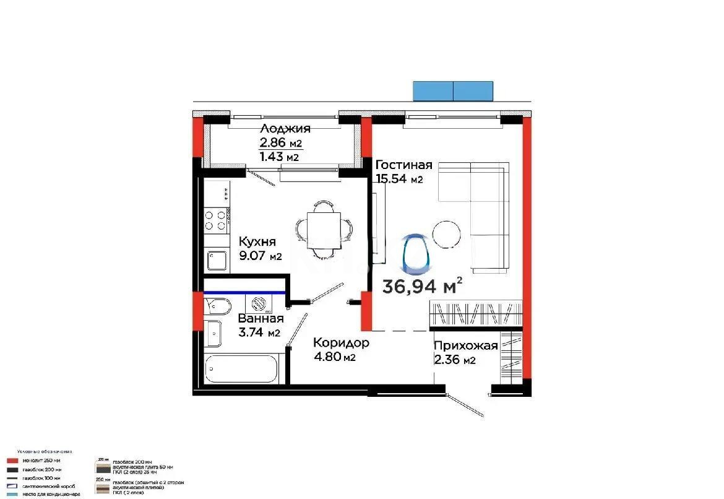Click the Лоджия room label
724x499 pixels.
tap(285, 129)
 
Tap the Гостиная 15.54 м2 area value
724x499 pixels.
tap(399, 180)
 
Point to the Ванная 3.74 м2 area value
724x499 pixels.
tap(259, 332)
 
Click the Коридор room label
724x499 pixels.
tap(341, 342)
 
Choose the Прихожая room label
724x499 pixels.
tap(465, 346)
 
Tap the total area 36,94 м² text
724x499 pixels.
tap(423, 286)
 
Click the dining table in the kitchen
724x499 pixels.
tap(324, 230)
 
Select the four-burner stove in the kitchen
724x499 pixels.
tap(217, 220)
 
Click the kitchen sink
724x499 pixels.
tap(217, 261)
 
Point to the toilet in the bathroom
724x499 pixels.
tap(217, 306)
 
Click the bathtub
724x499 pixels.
tap(241, 370)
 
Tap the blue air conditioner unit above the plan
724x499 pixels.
tap(453, 91)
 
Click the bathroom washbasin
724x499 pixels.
tap(214, 334)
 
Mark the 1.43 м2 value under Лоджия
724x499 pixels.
tap(279, 157)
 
